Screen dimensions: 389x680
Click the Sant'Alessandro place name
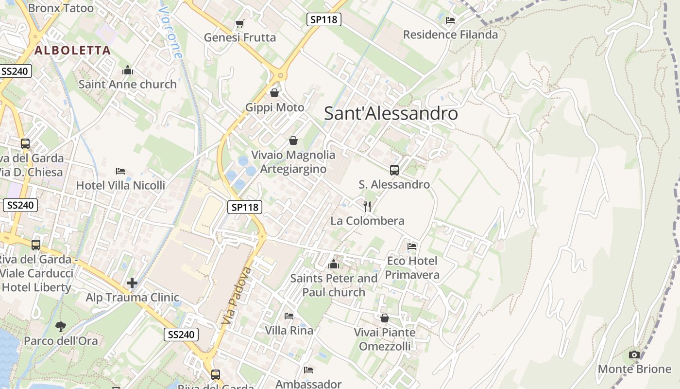click(391, 114)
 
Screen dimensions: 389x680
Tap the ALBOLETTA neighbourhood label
click(73, 50)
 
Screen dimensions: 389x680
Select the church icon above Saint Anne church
click(128, 71)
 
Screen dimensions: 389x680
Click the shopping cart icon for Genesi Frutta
click(239, 23)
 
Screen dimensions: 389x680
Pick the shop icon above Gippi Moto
click(274, 92)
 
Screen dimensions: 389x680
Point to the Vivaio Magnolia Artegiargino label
click(293, 162)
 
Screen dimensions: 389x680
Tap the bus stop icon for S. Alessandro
click(394, 170)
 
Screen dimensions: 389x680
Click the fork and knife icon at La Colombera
click(367, 207)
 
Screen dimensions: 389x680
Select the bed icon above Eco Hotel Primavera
click(412, 247)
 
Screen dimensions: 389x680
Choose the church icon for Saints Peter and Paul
click(334, 265)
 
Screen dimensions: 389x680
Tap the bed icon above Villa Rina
click(289, 316)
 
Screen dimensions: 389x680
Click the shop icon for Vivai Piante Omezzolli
click(385, 318)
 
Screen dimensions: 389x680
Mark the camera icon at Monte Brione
click(634, 355)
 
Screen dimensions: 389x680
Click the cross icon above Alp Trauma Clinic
click(132, 283)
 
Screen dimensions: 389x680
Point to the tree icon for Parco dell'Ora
click(61, 326)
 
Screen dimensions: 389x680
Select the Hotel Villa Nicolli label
click(120, 185)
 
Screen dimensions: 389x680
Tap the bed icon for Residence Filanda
click(450, 20)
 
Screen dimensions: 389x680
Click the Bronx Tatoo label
click(61, 8)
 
